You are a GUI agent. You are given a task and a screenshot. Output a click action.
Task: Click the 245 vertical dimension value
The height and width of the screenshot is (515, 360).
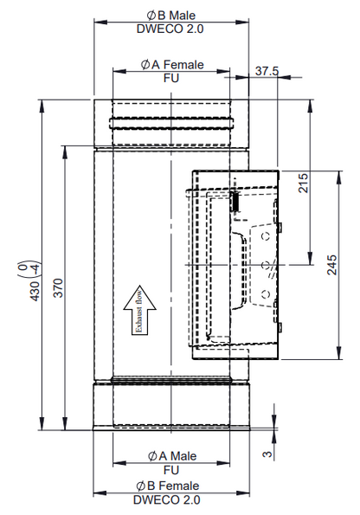[332, 264]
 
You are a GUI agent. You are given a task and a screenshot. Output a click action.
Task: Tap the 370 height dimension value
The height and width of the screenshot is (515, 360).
[58, 289]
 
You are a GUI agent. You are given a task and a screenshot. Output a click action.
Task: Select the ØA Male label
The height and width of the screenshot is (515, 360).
[171, 455]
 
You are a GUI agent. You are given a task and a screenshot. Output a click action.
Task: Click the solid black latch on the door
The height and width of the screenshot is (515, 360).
[233, 201]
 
